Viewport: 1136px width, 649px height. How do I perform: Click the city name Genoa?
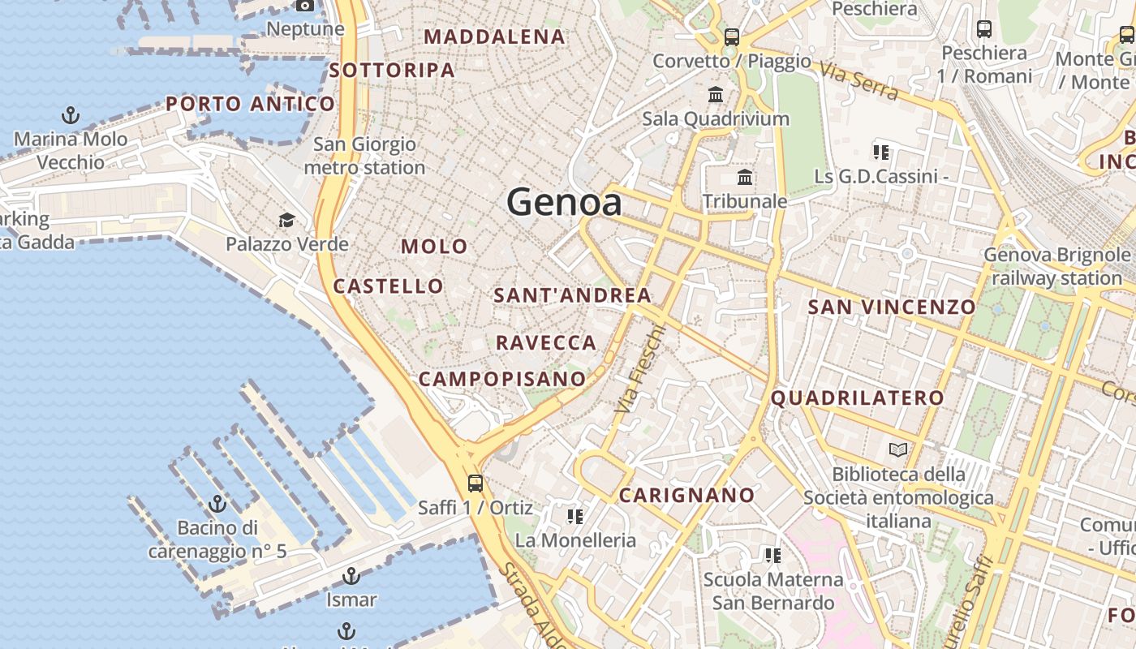pyautogui.click(x=565, y=202)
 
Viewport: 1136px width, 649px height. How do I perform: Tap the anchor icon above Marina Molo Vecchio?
pyautogui.click(x=71, y=115)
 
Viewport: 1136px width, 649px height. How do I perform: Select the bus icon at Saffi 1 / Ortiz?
pyautogui.click(x=475, y=484)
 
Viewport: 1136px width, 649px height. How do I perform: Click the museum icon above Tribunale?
pyautogui.click(x=745, y=177)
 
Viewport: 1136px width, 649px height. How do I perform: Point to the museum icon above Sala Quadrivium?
pyautogui.click(x=716, y=95)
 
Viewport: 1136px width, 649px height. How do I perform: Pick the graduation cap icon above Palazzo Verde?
pyautogui.click(x=286, y=220)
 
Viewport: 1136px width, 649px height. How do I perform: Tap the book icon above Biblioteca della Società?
pyautogui.click(x=898, y=449)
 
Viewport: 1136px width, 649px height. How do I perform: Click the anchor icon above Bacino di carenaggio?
pyautogui.click(x=217, y=504)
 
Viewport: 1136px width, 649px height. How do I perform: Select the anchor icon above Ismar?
pyautogui.click(x=351, y=576)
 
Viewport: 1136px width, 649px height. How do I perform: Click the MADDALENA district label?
pyautogui.click(x=494, y=37)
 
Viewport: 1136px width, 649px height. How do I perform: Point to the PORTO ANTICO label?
pyautogui.click(x=250, y=104)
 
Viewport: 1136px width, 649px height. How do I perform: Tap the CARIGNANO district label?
pyautogui.click(x=686, y=495)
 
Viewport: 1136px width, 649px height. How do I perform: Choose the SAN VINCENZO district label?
pyautogui.click(x=891, y=307)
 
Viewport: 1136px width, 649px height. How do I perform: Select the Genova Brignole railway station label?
pyautogui.click(x=1056, y=266)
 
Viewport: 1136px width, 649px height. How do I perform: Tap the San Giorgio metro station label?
pyautogui.click(x=364, y=156)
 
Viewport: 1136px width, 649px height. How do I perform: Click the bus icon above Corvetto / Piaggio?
pyautogui.click(x=732, y=37)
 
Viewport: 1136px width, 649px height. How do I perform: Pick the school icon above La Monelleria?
pyautogui.click(x=575, y=517)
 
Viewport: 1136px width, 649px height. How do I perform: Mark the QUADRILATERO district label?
pyautogui.click(x=857, y=398)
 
